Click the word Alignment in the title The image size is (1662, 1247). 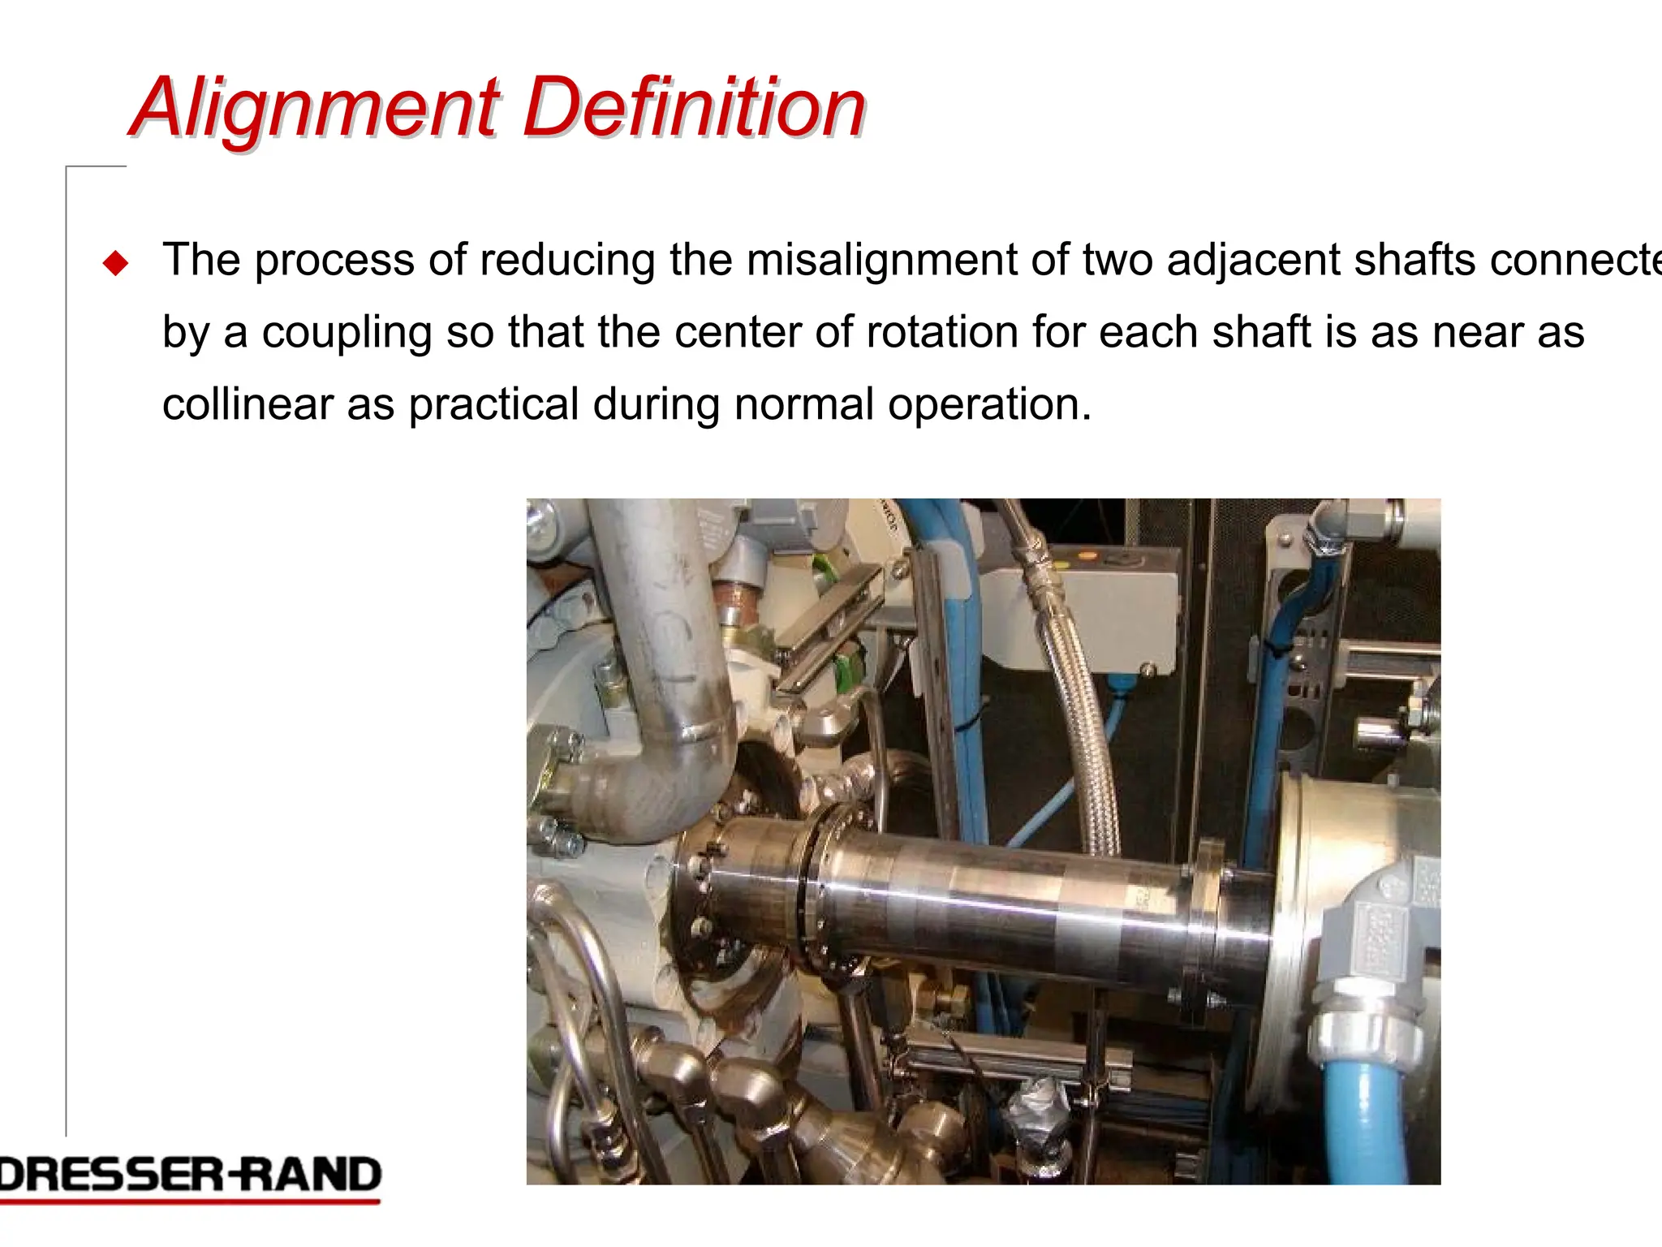tap(316, 108)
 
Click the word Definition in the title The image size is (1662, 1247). tap(695, 108)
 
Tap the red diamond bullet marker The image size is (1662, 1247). tap(116, 263)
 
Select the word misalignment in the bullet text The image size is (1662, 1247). tap(881, 261)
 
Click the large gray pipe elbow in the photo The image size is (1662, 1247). tap(665, 731)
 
